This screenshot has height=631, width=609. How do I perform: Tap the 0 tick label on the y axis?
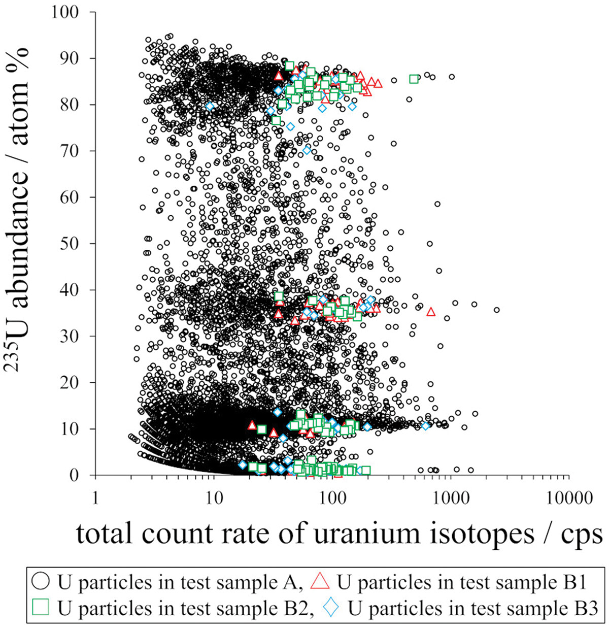(80, 475)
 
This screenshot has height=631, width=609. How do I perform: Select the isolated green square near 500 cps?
(414, 79)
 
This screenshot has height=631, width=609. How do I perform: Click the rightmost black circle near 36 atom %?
(496, 310)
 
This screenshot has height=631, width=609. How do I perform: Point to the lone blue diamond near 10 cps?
(210, 106)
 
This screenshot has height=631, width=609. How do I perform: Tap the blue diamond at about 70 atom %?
(307, 150)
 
